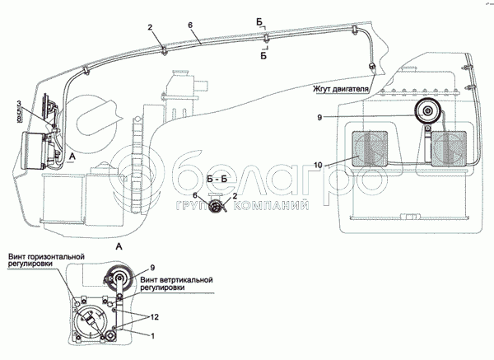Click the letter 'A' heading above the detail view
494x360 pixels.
[x=122, y=245]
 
